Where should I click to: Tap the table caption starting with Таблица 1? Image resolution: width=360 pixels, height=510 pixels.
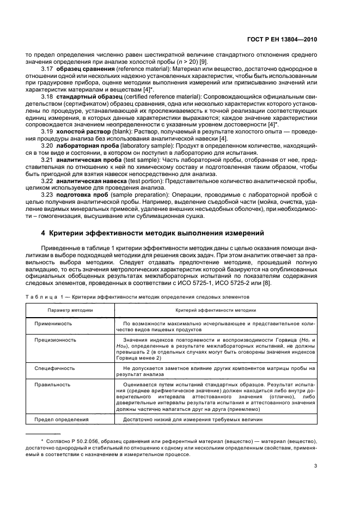pos(137,297)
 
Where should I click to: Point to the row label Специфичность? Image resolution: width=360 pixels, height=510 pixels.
pos(55,368)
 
